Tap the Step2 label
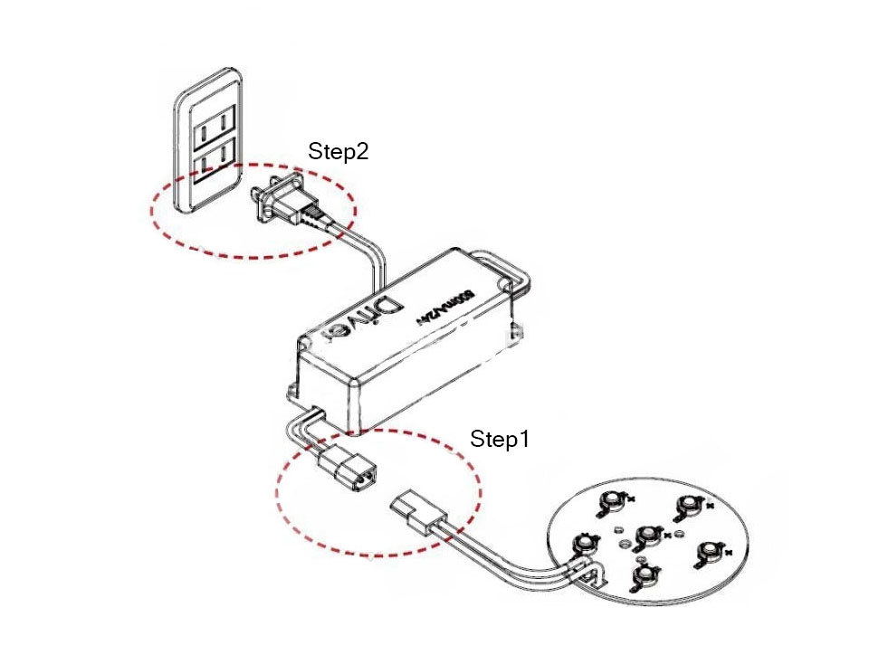(338, 151)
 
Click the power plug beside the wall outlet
(282, 201)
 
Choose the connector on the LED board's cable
(416, 511)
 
